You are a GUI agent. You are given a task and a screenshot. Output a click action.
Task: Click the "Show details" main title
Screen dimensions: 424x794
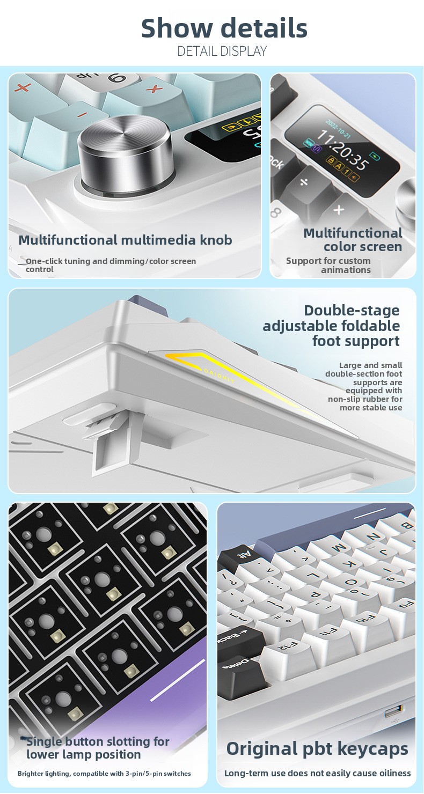click(224, 28)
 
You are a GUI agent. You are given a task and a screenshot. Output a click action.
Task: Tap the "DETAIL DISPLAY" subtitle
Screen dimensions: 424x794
click(222, 52)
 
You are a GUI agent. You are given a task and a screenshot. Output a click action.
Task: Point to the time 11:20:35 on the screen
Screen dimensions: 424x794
click(342, 149)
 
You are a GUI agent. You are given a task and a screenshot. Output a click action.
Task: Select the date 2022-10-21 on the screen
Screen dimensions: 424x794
click(338, 129)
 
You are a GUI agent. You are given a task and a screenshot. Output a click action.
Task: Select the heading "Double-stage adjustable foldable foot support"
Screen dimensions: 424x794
click(331, 326)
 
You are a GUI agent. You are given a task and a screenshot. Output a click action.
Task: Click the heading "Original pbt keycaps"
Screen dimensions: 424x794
click(317, 749)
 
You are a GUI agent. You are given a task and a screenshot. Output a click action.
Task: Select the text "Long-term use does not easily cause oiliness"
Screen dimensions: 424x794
click(317, 774)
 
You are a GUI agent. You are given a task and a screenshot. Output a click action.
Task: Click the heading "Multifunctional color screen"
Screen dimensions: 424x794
click(353, 240)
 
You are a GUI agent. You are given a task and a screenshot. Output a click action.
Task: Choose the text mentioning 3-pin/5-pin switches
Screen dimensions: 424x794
click(104, 774)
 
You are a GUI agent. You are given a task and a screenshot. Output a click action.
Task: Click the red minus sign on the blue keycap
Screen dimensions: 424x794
click(83, 114)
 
